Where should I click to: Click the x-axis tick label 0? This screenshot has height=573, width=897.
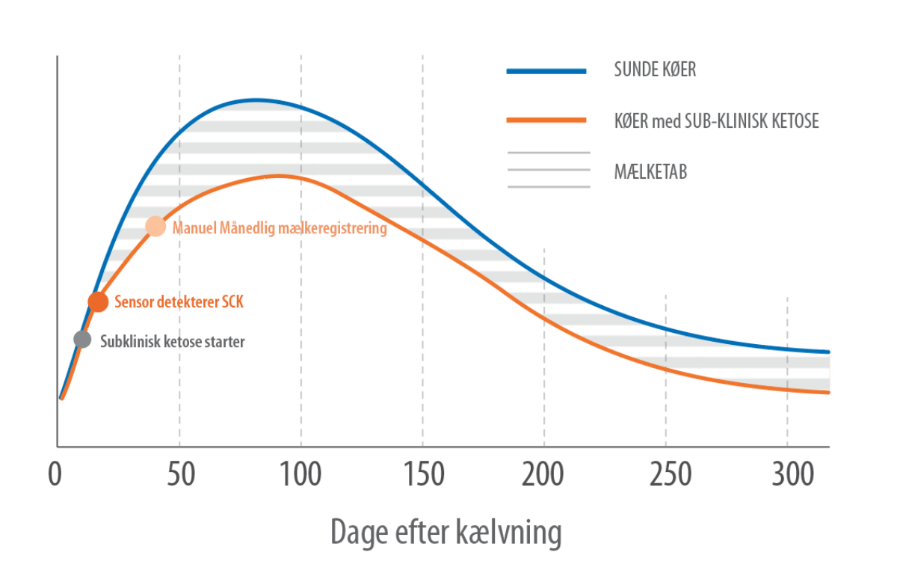(x=55, y=474)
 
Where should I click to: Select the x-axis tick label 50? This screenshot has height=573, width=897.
(x=180, y=474)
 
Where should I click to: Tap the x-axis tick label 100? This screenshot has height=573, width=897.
(x=300, y=474)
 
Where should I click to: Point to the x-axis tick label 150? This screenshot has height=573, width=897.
(x=422, y=474)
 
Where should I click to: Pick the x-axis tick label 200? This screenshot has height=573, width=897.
(x=544, y=474)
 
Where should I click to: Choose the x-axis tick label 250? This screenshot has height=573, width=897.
(x=666, y=474)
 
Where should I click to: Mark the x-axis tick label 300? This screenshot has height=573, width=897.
(x=787, y=474)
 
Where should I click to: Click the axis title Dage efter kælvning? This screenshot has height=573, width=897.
(x=446, y=533)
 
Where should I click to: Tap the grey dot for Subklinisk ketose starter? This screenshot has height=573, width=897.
(x=82, y=339)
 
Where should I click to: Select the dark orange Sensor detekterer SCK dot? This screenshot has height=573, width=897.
(x=98, y=301)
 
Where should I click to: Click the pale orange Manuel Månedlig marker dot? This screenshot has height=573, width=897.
(x=155, y=226)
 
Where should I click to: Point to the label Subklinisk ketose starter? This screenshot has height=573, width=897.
(x=173, y=341)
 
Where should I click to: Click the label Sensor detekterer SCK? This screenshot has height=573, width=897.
(x=179, y=303)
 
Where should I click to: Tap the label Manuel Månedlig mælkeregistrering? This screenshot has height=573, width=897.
(x=280, y=227)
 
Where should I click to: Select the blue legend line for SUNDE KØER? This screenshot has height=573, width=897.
(x=546, y=71)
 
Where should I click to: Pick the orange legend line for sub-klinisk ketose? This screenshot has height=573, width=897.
(x=546, y=120)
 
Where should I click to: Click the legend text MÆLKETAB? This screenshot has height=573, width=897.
(x=650, y=171)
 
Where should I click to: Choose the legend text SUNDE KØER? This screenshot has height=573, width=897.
(x=655, y=71)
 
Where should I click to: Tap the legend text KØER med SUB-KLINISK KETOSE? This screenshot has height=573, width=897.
(x=716, y=120)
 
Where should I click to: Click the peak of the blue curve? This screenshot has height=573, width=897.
(x=256, y=99)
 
